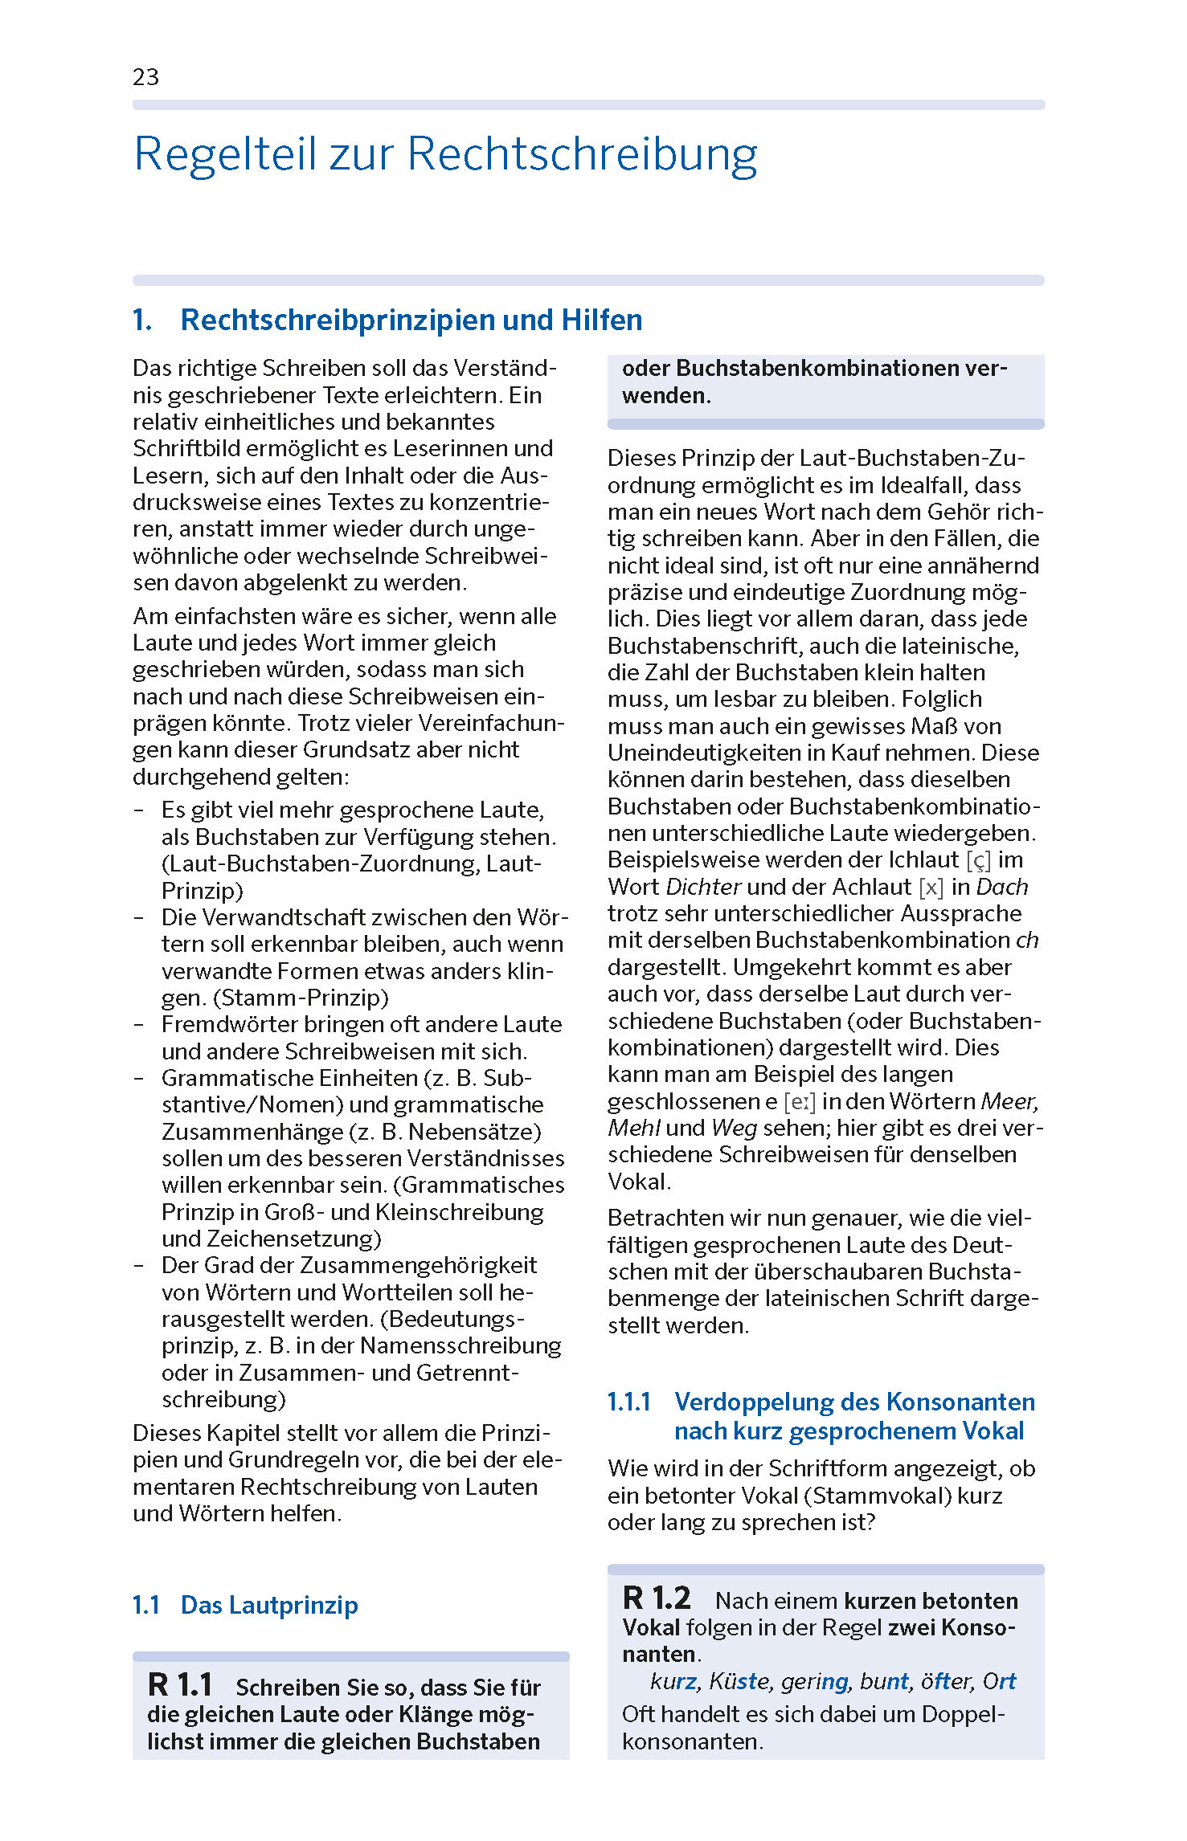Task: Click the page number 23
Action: [145, 77]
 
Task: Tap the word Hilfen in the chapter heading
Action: [602, 320]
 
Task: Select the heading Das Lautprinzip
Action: [269, 1605]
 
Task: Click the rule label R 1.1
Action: [180, 1685]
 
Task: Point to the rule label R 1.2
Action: [656, 1598]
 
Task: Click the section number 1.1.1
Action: [628, 1402]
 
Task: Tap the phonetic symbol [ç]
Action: [978, 860]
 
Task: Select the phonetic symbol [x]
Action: [931, 888]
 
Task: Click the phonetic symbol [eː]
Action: [799, 1101]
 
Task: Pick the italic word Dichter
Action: [703, 888]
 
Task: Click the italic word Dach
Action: [1002, 888]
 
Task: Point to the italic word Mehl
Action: [633, 1128]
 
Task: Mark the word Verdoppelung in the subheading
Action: [753, 1402]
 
